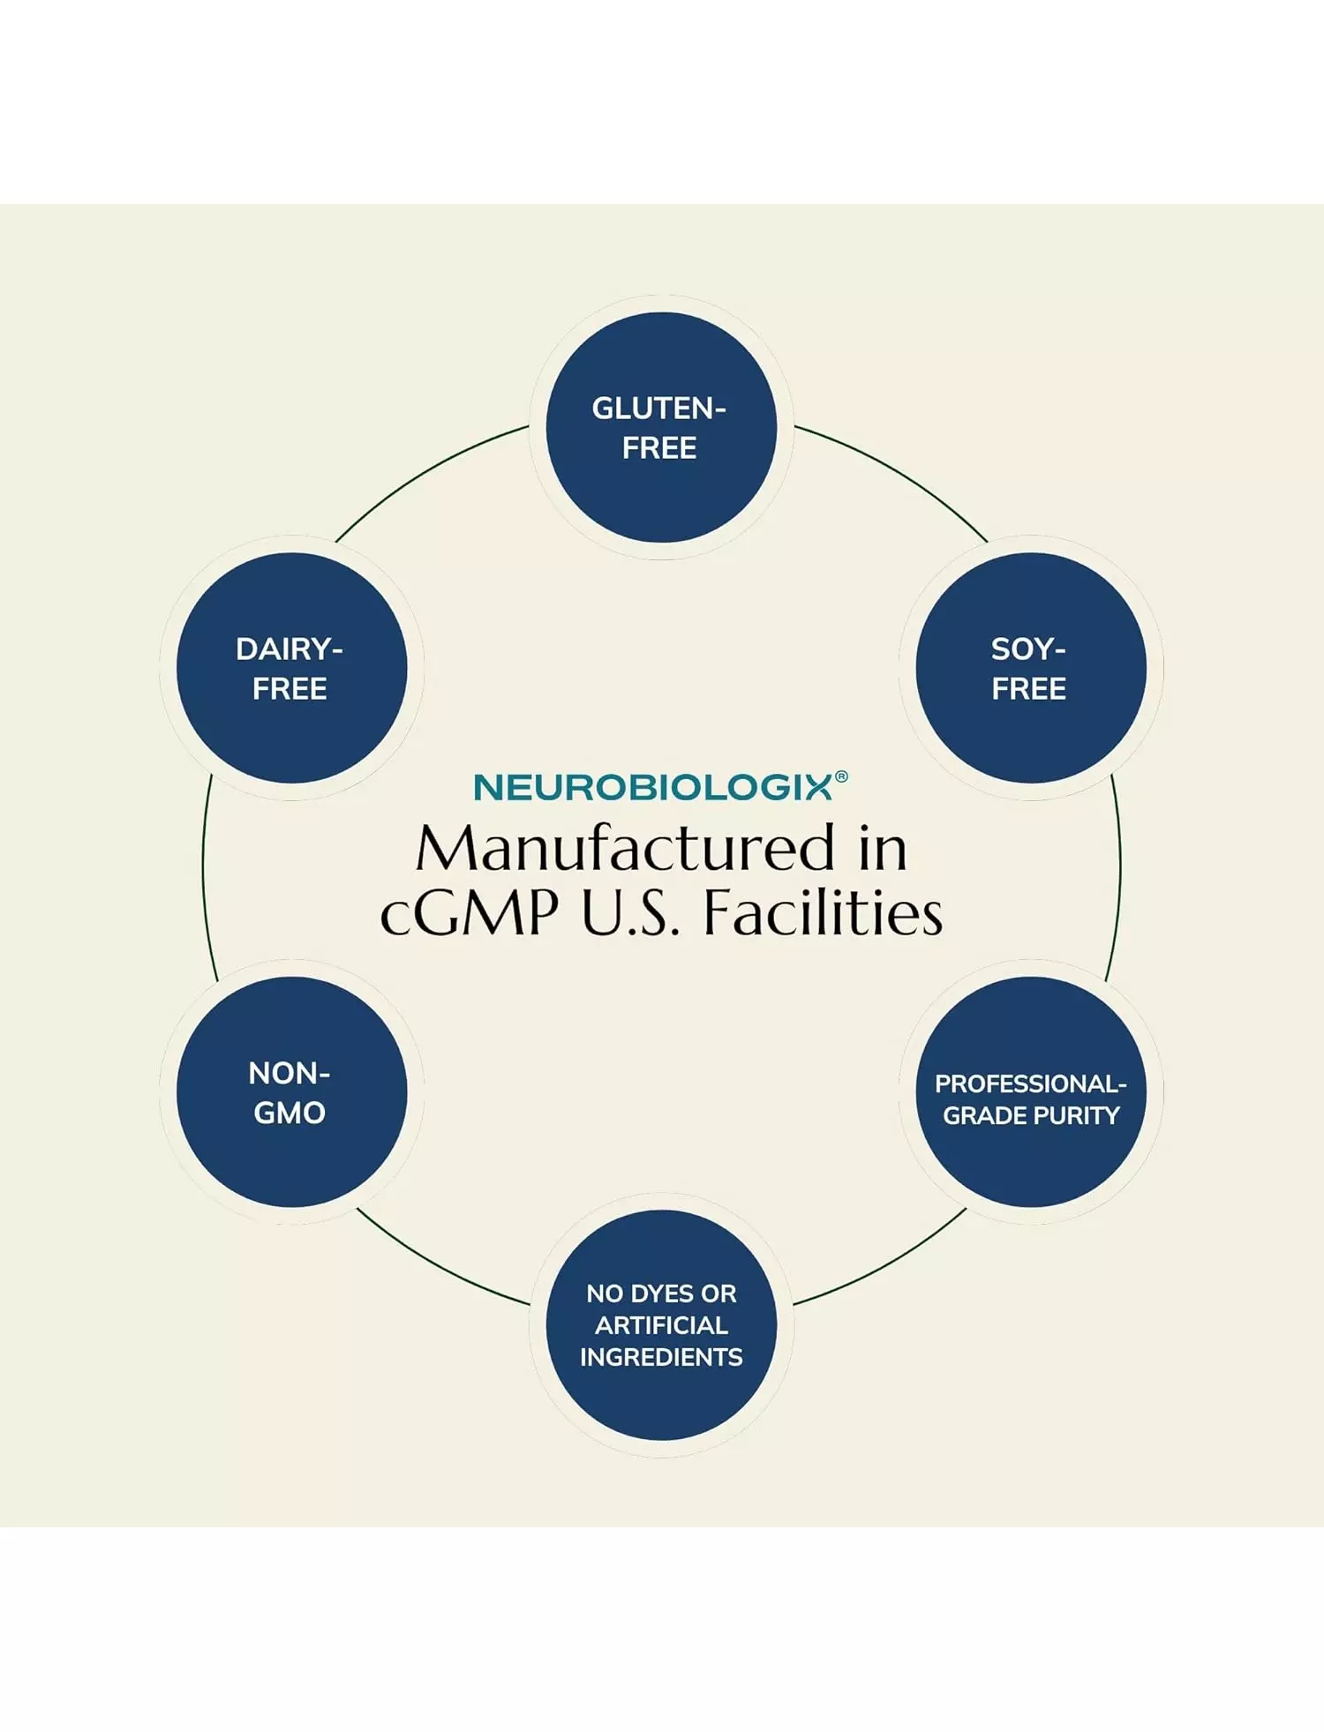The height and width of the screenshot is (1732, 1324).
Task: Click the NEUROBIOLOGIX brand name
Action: coord(652,788)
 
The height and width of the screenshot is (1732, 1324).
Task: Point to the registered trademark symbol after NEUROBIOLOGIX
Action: coord(841,776)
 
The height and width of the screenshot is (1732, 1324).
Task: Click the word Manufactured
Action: coord(625,849)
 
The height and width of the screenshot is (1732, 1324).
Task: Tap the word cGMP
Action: coord(469,913)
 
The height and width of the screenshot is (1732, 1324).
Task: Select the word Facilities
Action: coord(823,913)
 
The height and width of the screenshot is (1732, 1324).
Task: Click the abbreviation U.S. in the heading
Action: coord(630,913)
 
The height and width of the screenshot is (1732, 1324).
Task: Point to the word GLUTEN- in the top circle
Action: coord(658,409)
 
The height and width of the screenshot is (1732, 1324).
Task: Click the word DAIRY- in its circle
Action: coord(290,649)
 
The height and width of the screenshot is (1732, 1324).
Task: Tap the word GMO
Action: coord(290,1113)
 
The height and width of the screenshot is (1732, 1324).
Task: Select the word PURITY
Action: coord(1076,1115)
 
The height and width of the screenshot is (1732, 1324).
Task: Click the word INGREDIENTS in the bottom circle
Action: coord(661,1357)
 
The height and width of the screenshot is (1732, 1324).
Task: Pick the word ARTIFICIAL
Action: coord(661,1325)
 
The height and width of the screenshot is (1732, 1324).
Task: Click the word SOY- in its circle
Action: coord(1028,649)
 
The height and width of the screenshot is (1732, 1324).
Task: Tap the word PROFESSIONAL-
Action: coord(1030,1083)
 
